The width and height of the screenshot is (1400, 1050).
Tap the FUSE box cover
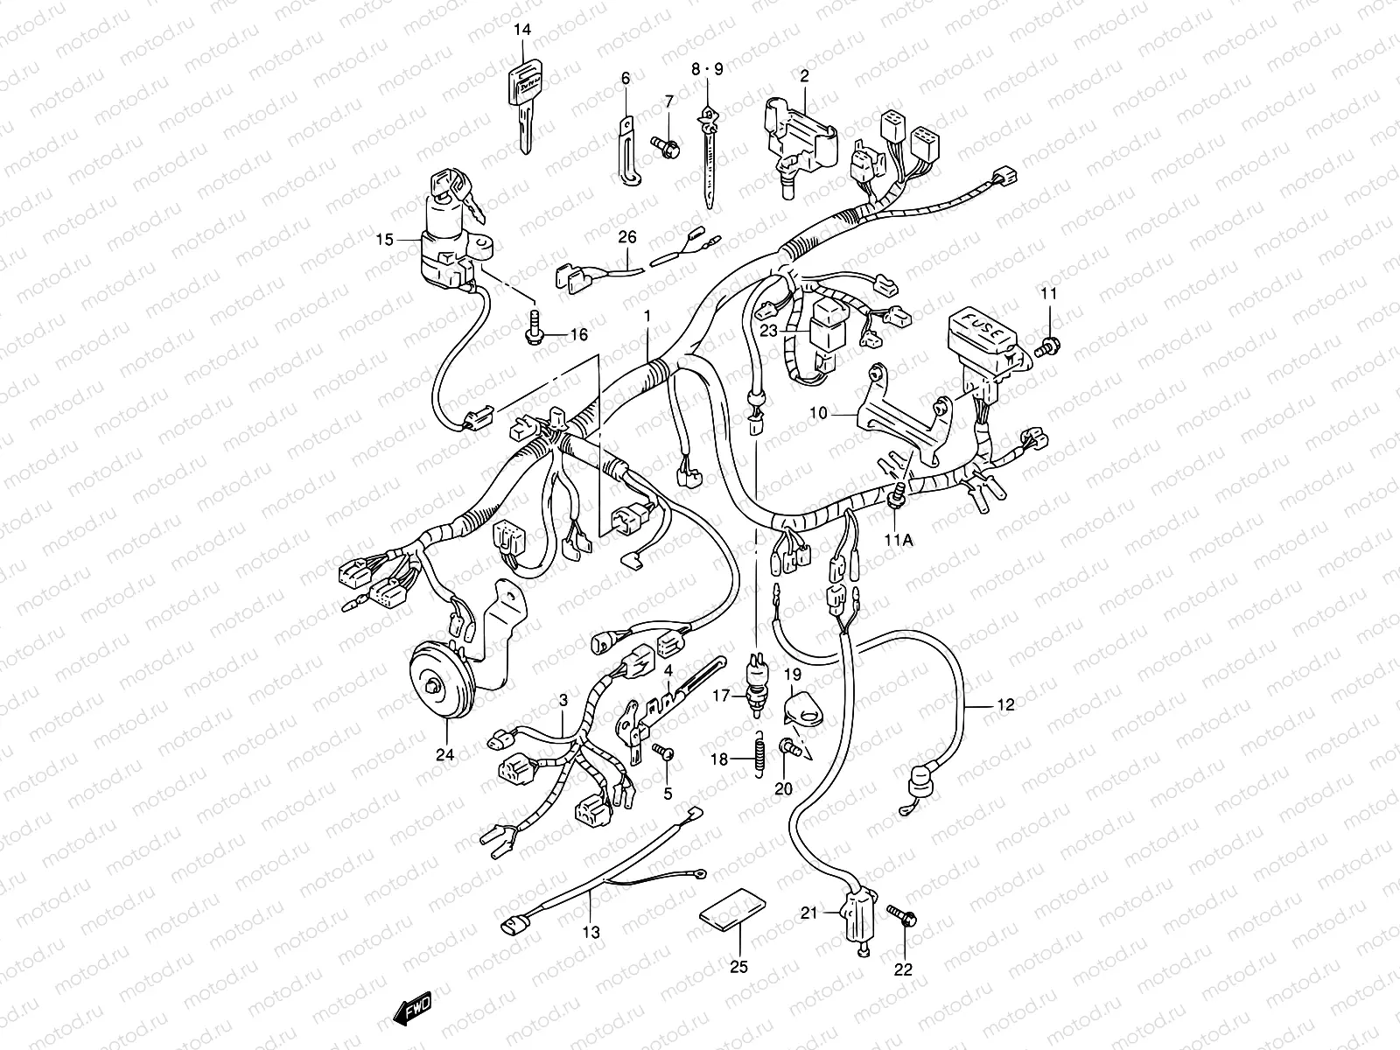[x=980, y=334]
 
